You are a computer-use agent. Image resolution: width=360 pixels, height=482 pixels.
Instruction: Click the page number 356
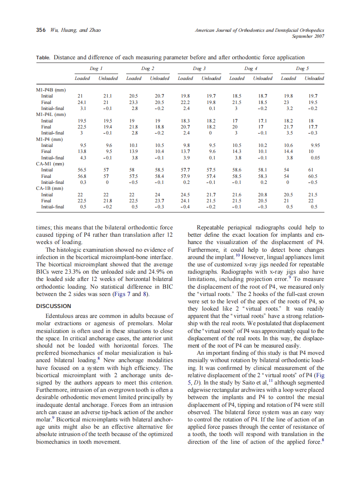click(41, 30)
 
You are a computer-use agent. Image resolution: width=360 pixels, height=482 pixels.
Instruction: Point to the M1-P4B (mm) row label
click(51, 90)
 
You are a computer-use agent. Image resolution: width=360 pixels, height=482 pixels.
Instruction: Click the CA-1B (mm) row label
click(51, 188)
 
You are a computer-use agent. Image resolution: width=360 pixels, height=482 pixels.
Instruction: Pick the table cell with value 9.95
click(316, 145)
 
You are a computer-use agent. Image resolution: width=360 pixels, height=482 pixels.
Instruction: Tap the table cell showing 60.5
click(314, 176)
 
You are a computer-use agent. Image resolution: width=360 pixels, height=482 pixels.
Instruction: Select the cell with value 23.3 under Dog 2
click(134, 102)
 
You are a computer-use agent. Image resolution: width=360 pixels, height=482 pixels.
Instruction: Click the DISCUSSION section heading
click(54, 306)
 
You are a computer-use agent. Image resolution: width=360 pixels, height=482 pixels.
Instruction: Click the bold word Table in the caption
click(43, 58)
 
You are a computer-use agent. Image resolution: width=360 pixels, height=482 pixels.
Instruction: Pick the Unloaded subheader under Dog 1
click(108, 78)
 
